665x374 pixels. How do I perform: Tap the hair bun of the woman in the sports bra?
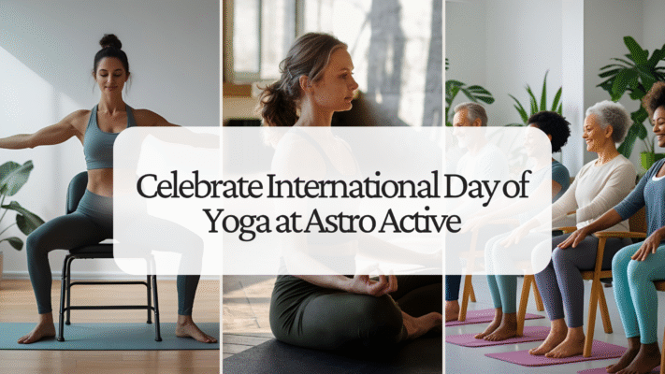point(110,41)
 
